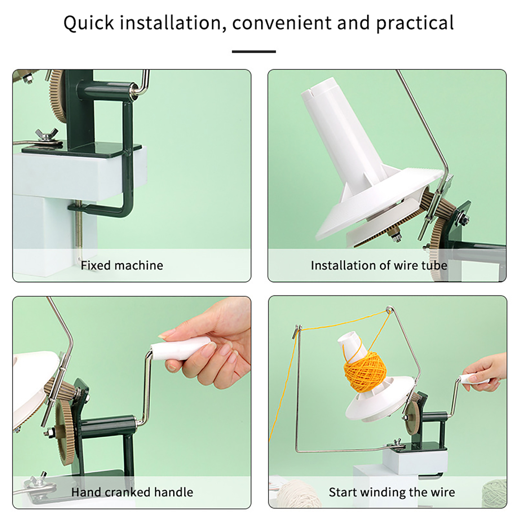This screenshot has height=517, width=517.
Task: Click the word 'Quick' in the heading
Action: tap(89, 23)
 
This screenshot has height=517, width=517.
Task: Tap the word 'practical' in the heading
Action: tap(415, 23)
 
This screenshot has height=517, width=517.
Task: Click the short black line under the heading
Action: tap(254, 51)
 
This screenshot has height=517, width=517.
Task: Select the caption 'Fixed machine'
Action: tap(122, 265)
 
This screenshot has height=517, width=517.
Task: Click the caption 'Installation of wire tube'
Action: tap(379, 265)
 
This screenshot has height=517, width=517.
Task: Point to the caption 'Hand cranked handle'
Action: tap(132, 492)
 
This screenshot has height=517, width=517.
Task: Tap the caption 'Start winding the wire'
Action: tap(392, 492)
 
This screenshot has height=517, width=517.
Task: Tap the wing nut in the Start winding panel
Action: tap(397, 444)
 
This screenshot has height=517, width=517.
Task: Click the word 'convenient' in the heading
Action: tap(281, 23)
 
